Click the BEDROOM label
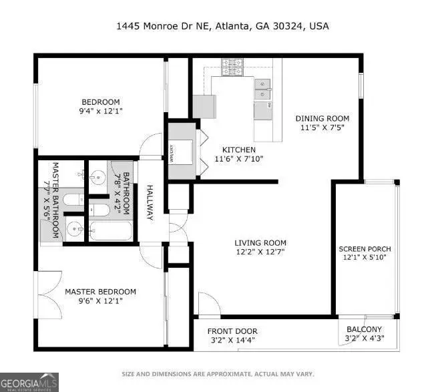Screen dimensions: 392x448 pos(100,102)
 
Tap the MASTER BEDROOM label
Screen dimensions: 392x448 pos(100,292)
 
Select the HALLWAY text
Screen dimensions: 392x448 pos(150,203)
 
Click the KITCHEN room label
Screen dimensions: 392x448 pos(235,150)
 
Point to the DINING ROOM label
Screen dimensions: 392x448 pos(322,119)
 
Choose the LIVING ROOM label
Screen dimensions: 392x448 pos(260,242)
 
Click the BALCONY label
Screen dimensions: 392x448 pos(364,329)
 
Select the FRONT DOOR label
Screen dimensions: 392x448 pos(232,331)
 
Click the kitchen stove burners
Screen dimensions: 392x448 pos(233,67)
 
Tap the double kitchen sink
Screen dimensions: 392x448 pos(262,85)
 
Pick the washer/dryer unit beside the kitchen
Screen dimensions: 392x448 pos(181,153)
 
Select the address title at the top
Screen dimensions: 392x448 pos(222,27)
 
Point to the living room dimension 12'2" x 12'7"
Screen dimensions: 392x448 pos(260,252)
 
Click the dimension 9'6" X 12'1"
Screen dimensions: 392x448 pos(100,301)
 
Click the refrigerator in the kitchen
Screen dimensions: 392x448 pos(205,106)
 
